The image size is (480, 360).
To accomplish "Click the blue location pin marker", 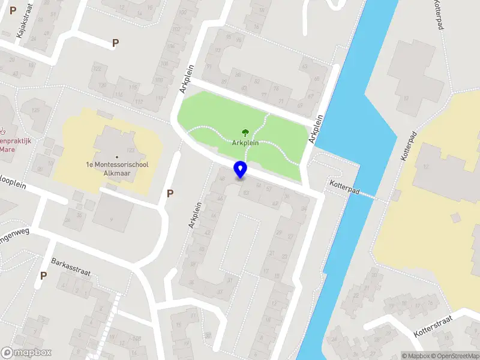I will pos(241,169).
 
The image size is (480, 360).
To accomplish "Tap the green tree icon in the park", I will pos(245,133).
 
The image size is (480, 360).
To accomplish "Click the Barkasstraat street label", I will pos(70,267).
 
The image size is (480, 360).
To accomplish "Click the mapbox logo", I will pos(26,353).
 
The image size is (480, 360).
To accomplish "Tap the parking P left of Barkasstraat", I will pos(43,275).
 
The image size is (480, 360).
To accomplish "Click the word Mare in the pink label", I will pos(8,149).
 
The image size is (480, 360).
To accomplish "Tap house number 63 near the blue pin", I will pos(245,193).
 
